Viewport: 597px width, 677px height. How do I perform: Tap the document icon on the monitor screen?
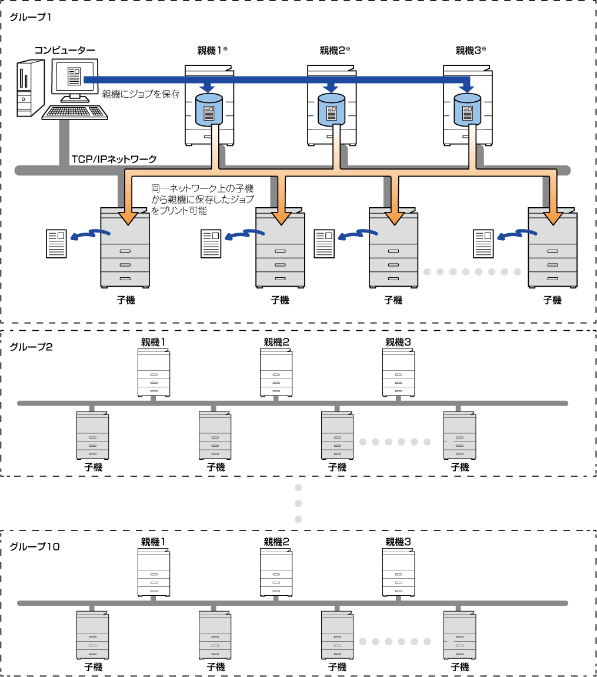[74, 76]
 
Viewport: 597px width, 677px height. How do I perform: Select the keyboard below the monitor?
[75, 112]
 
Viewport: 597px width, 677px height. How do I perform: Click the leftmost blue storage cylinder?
[209, 110]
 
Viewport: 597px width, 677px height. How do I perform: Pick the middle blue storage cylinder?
[331, 110]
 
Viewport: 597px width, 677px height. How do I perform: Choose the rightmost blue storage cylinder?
[467, 110]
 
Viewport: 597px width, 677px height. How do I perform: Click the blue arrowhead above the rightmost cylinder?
[466, 88]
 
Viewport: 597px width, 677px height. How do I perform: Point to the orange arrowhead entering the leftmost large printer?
[128, 218]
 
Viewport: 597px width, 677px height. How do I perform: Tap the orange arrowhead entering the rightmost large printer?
[553, 218]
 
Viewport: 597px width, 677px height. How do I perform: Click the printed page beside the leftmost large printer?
[56, 244]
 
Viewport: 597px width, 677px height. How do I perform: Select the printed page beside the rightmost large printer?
[483, 244]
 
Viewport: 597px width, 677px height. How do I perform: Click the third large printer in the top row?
[393, 250]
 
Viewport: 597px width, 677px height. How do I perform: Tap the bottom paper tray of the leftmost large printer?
[125, 278]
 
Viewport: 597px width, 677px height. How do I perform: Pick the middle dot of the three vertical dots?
[298, 503]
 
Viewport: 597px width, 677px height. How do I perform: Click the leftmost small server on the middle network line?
[154, 387]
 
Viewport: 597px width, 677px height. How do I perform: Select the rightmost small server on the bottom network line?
[401, 586]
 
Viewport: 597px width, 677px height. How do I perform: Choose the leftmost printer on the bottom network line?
[92, 635]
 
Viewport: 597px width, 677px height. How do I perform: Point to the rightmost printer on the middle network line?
[459, 436]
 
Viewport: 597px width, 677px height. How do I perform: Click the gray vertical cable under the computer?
[64, 142]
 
